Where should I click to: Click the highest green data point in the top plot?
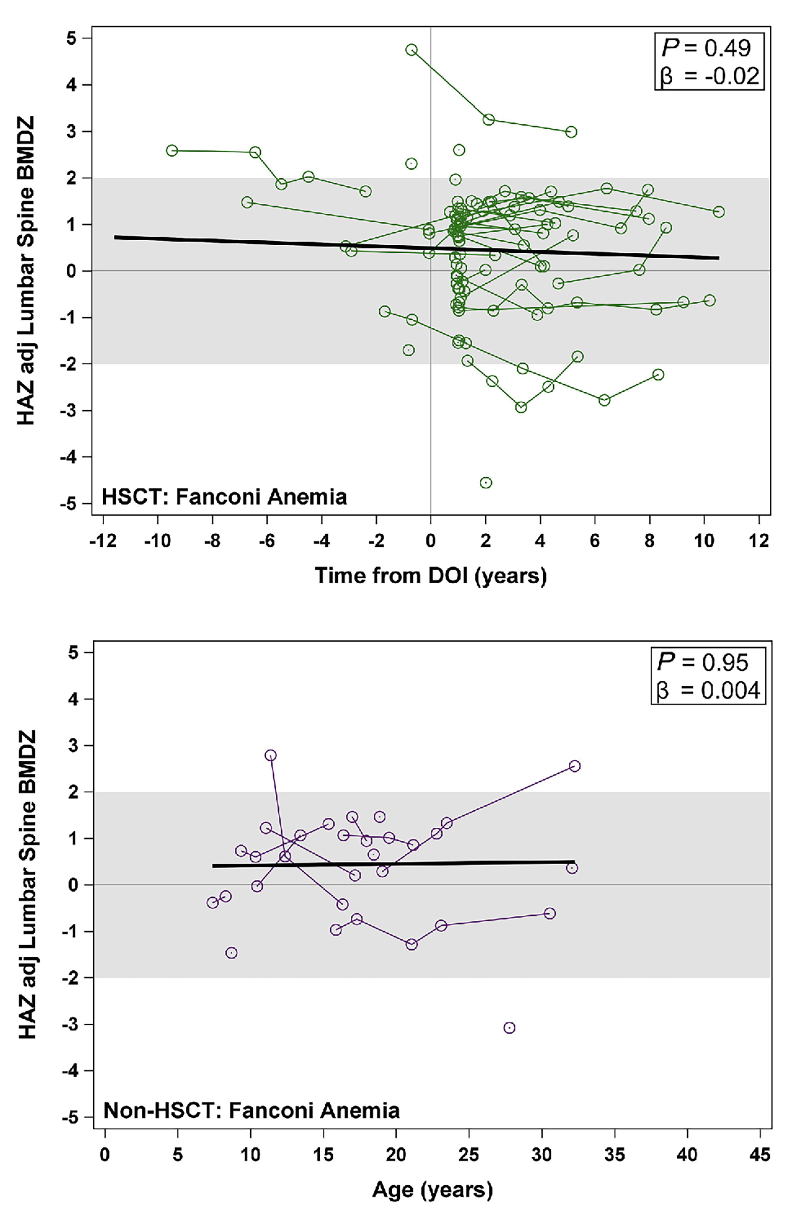click(x=411, y=49)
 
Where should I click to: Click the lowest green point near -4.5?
click(x=486, y=482)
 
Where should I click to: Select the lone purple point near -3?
click(x=509, y=1024)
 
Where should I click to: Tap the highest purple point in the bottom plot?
click(x=270, y=755)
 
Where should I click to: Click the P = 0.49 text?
click(x=706, y=48)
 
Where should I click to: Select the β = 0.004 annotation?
click(x=708, y=690)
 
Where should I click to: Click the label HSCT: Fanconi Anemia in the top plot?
click(x=225, y=496)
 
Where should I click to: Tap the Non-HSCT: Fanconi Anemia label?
click(x=251, y=1110)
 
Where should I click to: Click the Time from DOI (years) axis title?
click(x=431, y=576)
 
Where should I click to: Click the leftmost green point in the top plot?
click(x=172, y=150)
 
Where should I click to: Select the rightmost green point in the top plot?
click(x=719, y=211)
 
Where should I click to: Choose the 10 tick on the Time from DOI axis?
click(x=704, y=541)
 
